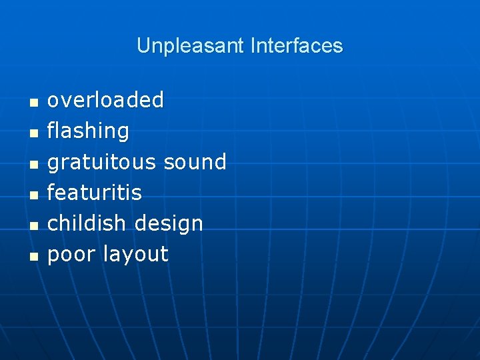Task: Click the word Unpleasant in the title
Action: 191,46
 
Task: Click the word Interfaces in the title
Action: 297,46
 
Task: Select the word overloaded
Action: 105,100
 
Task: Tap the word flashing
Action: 88,131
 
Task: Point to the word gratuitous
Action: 101,162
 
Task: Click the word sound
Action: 195,161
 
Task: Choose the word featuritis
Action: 94,193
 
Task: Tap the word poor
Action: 72,255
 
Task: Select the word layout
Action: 135,255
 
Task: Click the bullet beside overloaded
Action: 33,102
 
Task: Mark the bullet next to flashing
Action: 33,133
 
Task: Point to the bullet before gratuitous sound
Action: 33,163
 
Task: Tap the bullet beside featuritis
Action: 33,194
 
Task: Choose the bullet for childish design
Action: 33,225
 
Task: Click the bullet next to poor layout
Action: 33,255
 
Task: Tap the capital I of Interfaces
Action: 253,46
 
